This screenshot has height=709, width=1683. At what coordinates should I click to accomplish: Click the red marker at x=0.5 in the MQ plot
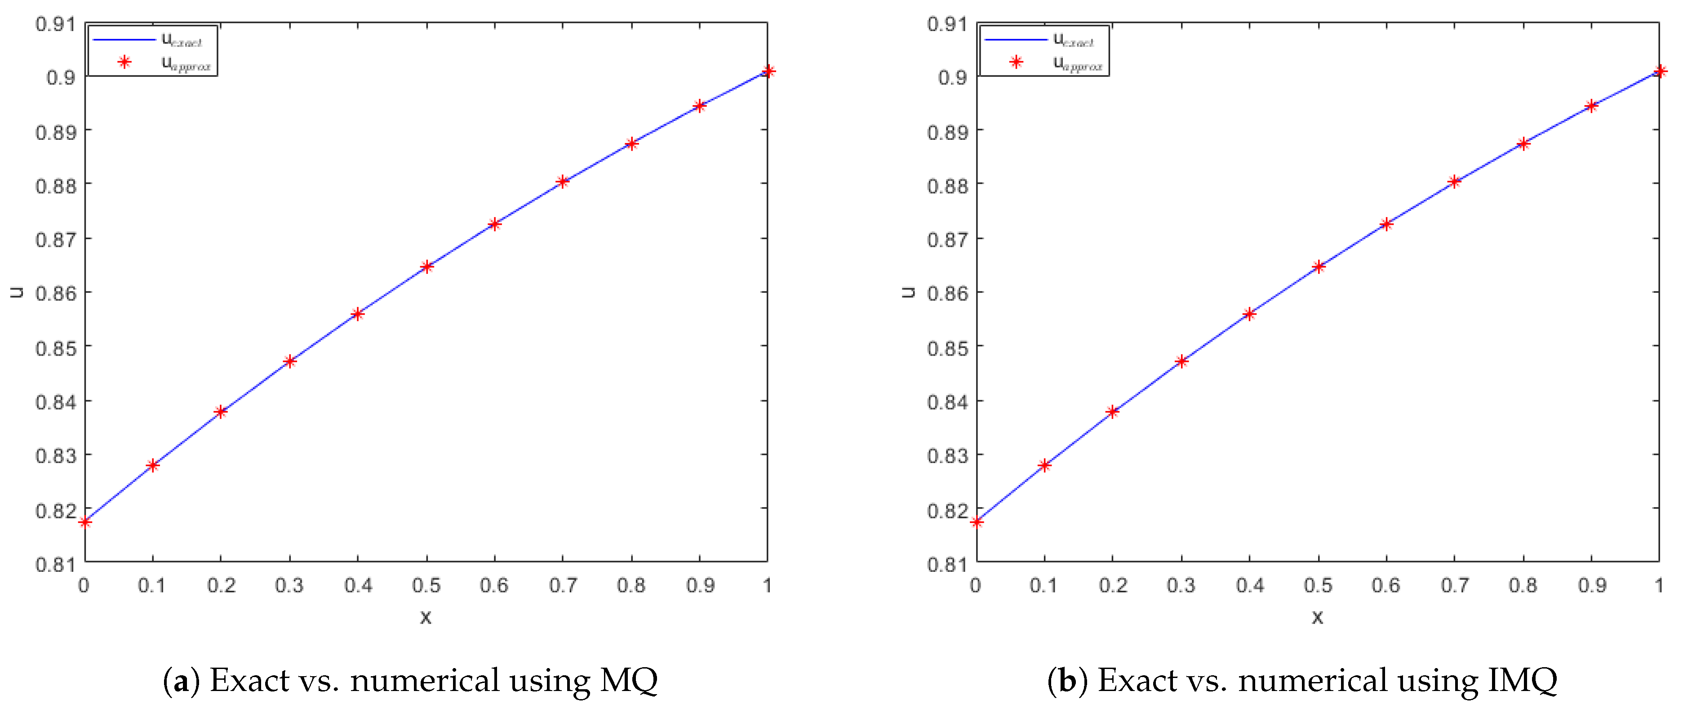click(x=426, y=267)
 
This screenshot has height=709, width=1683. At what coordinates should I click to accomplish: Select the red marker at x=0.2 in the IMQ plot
click(x=1113, y=412)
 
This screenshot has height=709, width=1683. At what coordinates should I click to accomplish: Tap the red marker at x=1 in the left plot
click(x=768, y=71)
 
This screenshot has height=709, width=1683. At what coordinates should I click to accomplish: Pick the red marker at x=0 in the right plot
click(x=977, y=522)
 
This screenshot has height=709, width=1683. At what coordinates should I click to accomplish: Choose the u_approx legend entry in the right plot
click(x=1077, y=63)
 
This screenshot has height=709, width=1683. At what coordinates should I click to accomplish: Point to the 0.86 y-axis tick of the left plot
click(x=56, y=294)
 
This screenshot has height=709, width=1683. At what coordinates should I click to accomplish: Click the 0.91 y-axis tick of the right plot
click(x=947, y=24)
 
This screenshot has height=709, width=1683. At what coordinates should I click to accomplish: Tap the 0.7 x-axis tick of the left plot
click(x=563, y=585)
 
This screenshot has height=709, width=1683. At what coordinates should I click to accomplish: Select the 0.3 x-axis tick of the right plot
click(x=1181, y=585)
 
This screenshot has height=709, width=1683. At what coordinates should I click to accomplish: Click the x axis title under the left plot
click(x=425, y=617)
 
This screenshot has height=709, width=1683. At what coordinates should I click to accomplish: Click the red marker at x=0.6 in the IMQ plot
click(x=1386, y=224)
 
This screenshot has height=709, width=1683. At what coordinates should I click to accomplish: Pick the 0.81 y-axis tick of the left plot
click(x=56, y=564)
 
